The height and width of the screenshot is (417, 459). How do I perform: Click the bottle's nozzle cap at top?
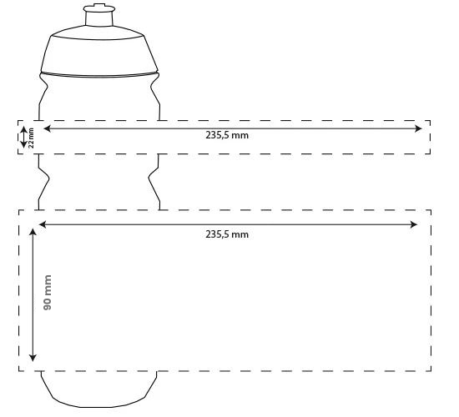tap(98, 14)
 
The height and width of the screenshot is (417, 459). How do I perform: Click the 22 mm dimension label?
tap(32, 138)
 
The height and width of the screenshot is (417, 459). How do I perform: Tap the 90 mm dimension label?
tap(48, 294)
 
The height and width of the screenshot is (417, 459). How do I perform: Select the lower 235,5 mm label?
tap(227, 234)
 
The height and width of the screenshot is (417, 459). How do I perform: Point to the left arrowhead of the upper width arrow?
tap(47, 128)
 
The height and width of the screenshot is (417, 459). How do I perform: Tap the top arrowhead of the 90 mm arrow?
tap(33, 233)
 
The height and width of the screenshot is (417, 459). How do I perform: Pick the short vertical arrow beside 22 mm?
tap(24, 138)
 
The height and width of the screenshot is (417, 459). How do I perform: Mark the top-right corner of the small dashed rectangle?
tap(430, 121)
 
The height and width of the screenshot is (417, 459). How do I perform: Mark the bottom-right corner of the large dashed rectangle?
tap(431, 371)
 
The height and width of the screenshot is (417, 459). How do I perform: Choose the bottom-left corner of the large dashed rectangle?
tap(19, 371)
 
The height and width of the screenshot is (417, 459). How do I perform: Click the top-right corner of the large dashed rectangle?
tap(431, 210)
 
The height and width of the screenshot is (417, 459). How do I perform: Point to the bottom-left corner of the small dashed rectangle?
tap(19, 154)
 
